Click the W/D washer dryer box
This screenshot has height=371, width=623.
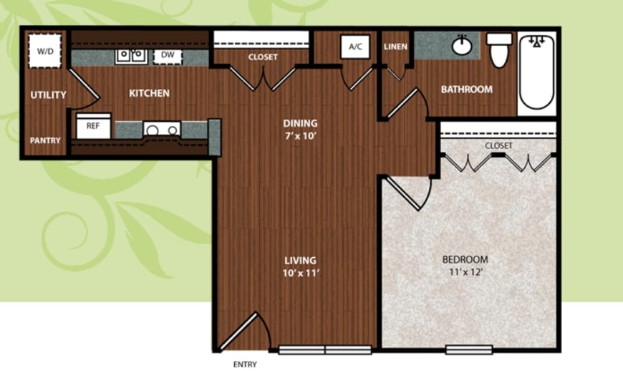click(x=45, y=51)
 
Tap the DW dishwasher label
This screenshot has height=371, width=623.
click(x=168, y=55)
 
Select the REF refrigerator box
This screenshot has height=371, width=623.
click(x=93, y=126)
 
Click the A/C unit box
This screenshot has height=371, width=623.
click(x=355, y=47)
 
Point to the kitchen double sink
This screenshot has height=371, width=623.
click(x=130, y=56)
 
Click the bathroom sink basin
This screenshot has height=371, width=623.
click(x=462, y=46)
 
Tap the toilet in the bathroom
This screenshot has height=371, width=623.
click(x=499, y=49)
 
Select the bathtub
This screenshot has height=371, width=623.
click(x=537, y=72)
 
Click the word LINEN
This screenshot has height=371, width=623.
click(x=395, y=47)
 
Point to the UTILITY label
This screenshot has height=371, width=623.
click(x=48, y=95)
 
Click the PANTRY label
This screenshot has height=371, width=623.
click(x=45, y=140)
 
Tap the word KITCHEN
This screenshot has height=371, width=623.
click(x=150, y=93)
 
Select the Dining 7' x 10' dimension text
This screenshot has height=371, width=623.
click(x=300, y=136)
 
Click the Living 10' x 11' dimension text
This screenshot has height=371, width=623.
click(x=301, y=274)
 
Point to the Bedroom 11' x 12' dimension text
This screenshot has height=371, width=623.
click(x=465, y=272)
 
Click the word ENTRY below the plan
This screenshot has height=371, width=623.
click(x=245, y=365)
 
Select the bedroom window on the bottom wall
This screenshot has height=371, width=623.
click(x=469, y=350)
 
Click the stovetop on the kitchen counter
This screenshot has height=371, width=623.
click(x=162, y=129)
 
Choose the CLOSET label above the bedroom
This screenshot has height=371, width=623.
click(x=498, y=146)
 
